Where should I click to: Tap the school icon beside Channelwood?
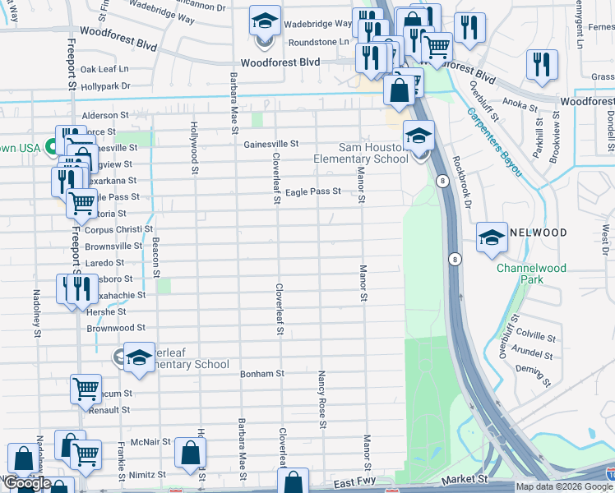point(492,237)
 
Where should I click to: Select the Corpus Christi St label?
point(119,229)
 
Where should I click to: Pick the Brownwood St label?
point(116,328)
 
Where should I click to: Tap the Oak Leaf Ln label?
point(104,70)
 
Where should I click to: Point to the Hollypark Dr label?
point(105,85)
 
